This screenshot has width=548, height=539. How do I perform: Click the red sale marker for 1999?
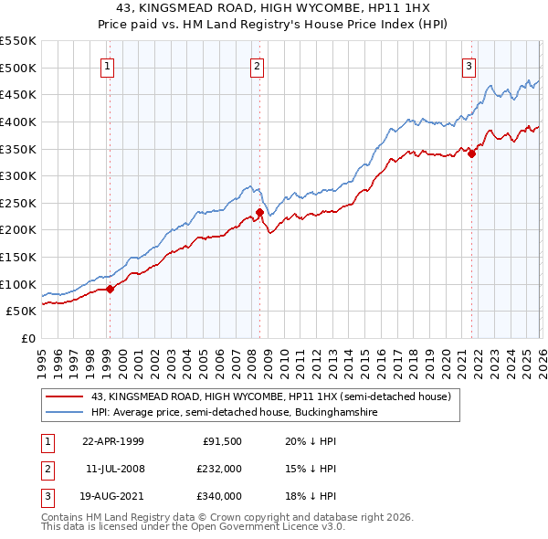[111, 289]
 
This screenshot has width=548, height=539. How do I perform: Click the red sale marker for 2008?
[259, 213]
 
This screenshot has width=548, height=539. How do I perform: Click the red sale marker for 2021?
[471, 153]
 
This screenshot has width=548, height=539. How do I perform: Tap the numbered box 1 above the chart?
[108, 66]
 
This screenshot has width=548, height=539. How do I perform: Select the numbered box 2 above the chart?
[257, 66]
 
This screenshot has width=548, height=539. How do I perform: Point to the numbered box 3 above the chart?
[469, 66]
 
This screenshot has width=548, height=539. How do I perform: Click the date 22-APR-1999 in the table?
[113, 440]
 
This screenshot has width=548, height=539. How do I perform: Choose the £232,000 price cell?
[218, 469]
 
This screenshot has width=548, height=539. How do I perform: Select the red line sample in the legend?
[64, 397]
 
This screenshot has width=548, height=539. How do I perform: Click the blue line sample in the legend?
[64, 413]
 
